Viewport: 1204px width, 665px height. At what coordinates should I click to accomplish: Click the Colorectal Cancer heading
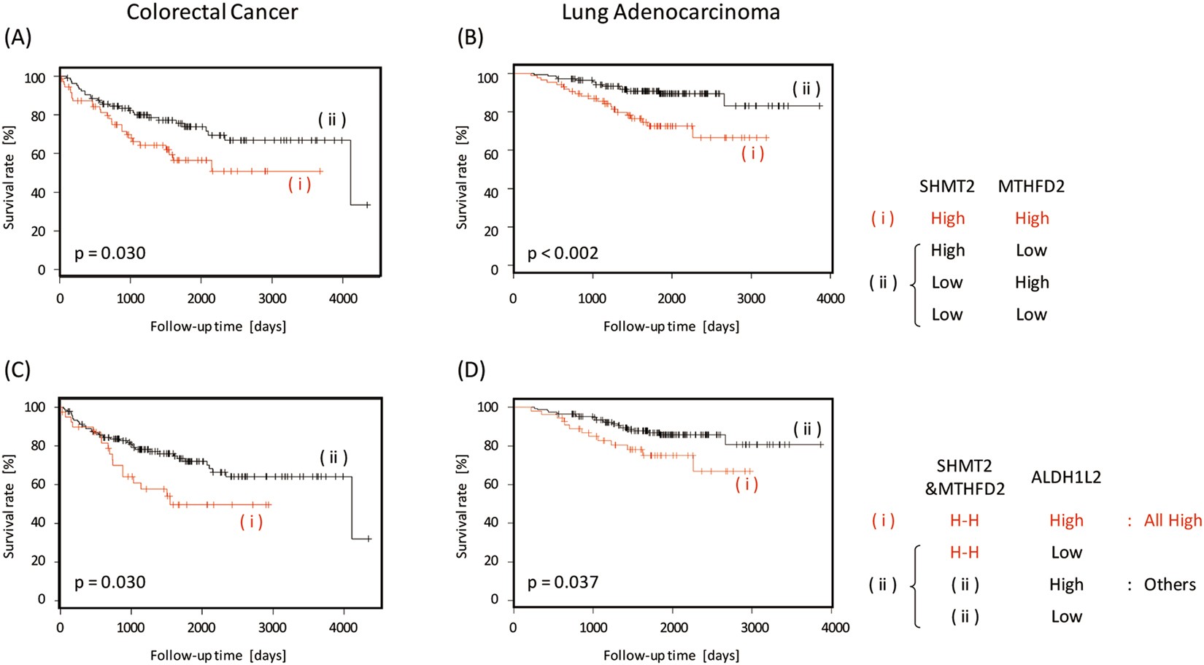[x=212, y=12]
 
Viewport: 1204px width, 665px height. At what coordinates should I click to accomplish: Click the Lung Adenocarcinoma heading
[x=670, y=12]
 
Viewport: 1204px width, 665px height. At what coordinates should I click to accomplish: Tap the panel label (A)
[x=18, y=38]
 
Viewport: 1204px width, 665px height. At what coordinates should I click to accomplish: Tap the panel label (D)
[x=471, y=369]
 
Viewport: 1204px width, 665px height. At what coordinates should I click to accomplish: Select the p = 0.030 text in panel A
[x=109, y=253]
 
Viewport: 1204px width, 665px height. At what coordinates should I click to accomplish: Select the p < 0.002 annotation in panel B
[x=563, y=253]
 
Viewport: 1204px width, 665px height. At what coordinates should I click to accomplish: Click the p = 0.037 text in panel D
[x=563, y=583]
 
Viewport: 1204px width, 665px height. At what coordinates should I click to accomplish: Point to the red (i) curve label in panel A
[x=299, y=184]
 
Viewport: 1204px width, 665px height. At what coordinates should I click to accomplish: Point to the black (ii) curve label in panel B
[x=806, y=89]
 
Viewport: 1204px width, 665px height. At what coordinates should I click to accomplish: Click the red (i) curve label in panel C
[x=251, y=521]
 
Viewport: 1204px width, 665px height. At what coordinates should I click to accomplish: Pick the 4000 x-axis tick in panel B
[x=830, y=299]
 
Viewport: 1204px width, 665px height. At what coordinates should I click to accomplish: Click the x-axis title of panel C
[x=218, y=656]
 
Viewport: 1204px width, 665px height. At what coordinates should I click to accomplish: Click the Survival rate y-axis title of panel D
[x=462, y=507]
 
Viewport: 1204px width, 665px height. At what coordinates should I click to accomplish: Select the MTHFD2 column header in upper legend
[x=1030, y=186]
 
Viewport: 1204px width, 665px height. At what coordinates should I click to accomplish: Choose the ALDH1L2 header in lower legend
[x=1065, y=477]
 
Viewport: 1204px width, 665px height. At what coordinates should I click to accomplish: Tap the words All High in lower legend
[x=1172, y=520]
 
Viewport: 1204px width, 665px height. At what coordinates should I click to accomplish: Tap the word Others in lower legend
[x=1169, y=585]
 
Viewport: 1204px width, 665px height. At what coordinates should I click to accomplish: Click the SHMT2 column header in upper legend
[x=946, y=186]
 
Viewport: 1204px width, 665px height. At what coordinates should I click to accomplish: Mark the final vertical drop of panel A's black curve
[x=351, y=172]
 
